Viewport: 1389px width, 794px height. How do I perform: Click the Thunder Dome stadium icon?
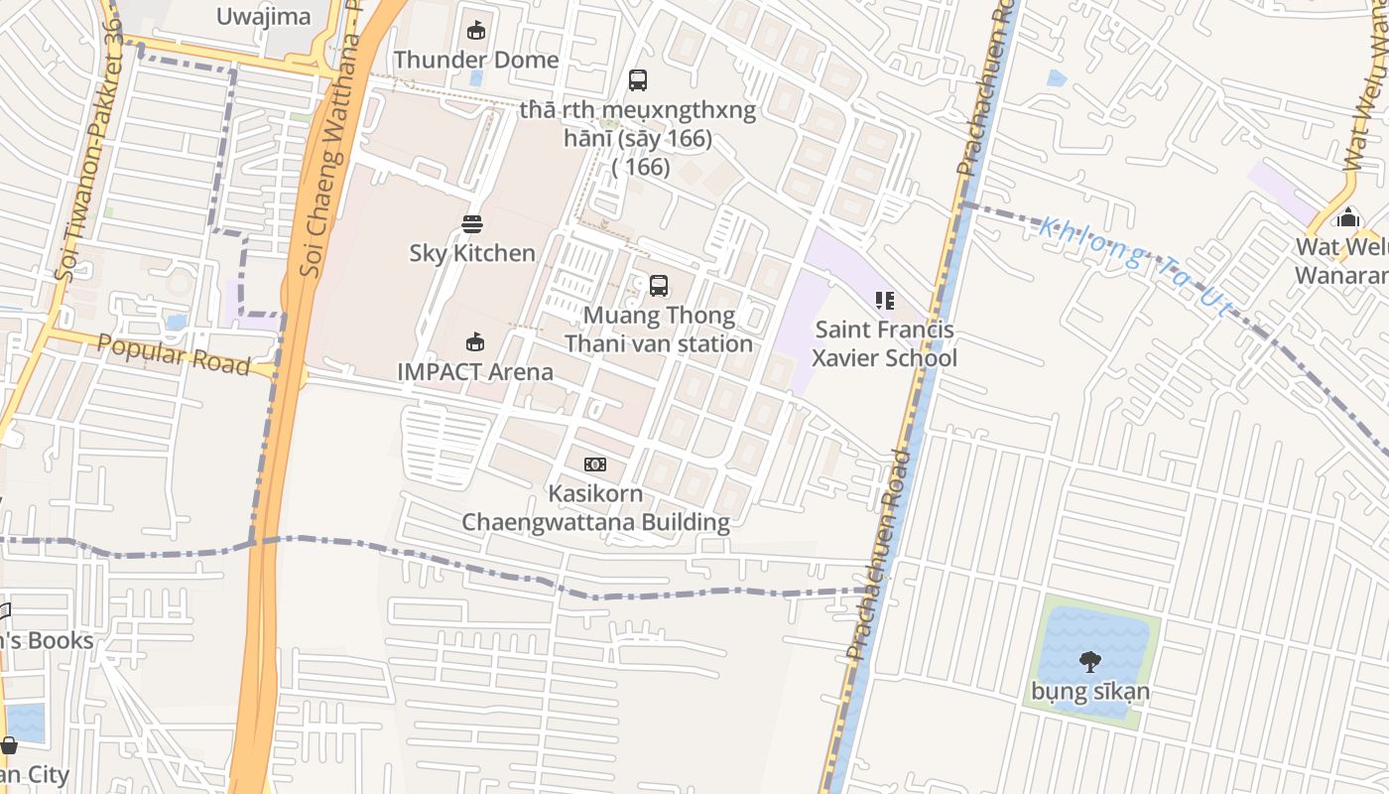476,31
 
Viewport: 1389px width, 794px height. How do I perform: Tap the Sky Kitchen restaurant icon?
472,224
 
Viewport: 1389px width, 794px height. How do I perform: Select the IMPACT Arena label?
475,372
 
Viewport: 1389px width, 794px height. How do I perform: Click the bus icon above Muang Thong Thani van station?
658,286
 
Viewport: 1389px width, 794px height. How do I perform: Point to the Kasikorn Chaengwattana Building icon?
595,464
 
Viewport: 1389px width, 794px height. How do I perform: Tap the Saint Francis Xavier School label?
884,343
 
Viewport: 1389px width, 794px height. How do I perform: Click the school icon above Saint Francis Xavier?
884,300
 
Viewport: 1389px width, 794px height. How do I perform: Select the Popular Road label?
174,354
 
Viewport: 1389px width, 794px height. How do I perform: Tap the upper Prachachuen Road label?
985,89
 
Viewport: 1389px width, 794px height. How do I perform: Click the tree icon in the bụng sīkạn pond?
1090,662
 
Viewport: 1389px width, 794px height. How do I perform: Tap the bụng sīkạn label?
1090,692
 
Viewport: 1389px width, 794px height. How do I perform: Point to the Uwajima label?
263,16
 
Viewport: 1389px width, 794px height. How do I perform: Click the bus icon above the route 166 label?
638,80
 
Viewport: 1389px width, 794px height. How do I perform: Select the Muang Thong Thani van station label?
659,330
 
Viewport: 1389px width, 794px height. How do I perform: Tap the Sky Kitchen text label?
472,253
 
